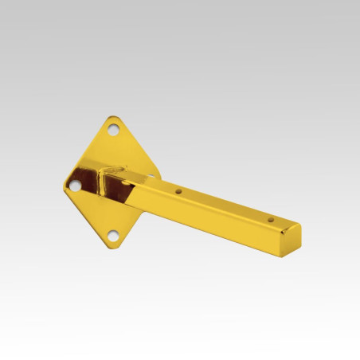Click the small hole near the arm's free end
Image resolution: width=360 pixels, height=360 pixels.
pyautogui.click(x=272, y=218)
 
